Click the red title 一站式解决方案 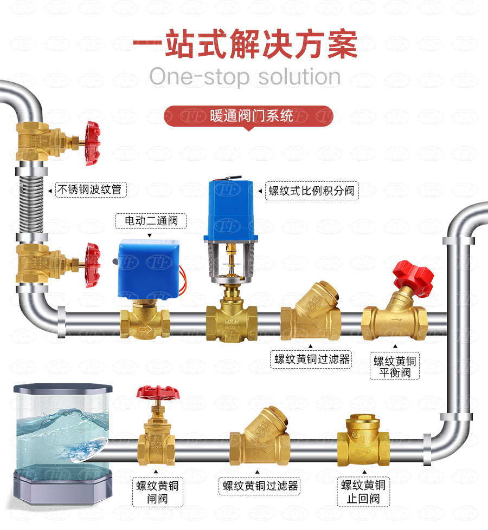(245, 43)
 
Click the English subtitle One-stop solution (245, 77)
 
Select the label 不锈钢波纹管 (89, 189)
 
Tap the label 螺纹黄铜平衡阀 (395, 367)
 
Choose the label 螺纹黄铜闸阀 (157, 492)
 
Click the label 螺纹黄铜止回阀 (363, 492)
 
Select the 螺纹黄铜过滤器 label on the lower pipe (260, 486)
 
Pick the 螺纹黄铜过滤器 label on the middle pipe (311, 359)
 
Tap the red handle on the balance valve (413, 275)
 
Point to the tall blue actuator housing (230, 209)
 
